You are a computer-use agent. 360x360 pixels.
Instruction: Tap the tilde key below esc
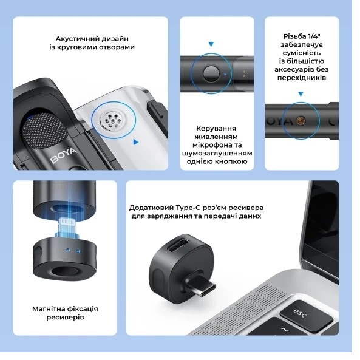[285, 330]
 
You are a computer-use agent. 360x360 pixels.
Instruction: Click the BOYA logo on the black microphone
[64, 155]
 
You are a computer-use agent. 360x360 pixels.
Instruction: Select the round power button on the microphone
[211, 74]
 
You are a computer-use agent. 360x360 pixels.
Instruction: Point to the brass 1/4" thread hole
[301, 120]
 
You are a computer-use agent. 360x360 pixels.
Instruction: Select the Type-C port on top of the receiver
[178, 246]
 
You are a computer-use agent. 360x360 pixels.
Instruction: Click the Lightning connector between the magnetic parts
[67, 226]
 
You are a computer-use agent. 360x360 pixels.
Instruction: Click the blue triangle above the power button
[211, 44]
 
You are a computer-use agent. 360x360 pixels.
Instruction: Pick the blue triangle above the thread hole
[301, 94]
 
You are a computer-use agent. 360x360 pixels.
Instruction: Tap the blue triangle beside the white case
[136, 142]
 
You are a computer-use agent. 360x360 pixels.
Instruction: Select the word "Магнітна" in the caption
[48, 309]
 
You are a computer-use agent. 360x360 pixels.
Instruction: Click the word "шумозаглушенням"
[217, 153]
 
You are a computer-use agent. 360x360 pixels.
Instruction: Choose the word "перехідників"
[302, 78]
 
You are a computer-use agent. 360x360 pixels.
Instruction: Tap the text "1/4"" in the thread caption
[314, 36]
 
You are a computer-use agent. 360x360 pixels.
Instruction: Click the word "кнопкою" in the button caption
[231, 161]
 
